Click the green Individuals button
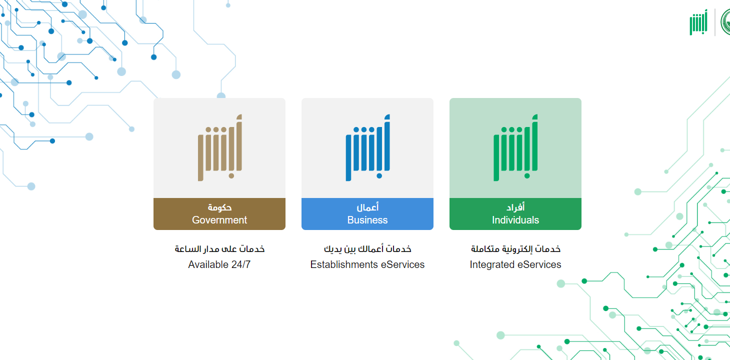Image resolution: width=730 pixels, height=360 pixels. click(515, 213)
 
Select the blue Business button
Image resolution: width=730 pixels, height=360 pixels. click(367, 213)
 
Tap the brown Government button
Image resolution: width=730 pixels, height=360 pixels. click(219, 213)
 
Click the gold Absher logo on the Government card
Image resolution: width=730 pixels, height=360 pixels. click(220, 147)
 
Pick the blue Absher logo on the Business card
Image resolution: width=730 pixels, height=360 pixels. click(368, 147)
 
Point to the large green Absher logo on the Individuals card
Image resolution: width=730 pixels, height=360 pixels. click(516, 147)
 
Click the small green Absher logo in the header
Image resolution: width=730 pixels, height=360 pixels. click(698, 22)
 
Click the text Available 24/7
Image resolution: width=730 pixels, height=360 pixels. click(219, 264)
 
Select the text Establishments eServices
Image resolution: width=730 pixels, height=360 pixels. click(367, 264)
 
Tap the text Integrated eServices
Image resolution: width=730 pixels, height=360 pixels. click(515, 264)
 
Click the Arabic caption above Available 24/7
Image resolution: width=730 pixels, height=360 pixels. click(219, 249)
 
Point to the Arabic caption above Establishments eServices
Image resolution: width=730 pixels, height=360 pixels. click(367, 249)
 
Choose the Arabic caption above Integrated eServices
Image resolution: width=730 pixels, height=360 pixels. click(515, 249)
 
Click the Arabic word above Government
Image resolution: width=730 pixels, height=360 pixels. click(219, 207)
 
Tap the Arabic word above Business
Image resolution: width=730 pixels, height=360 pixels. click(367, 207)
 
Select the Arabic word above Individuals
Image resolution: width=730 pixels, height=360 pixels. click(515, 207)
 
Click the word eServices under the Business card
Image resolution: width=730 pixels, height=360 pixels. click(402, 264)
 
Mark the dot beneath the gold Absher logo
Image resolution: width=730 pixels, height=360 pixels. click(231, 176)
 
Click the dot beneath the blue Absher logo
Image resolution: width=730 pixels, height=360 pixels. click(379, 176)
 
